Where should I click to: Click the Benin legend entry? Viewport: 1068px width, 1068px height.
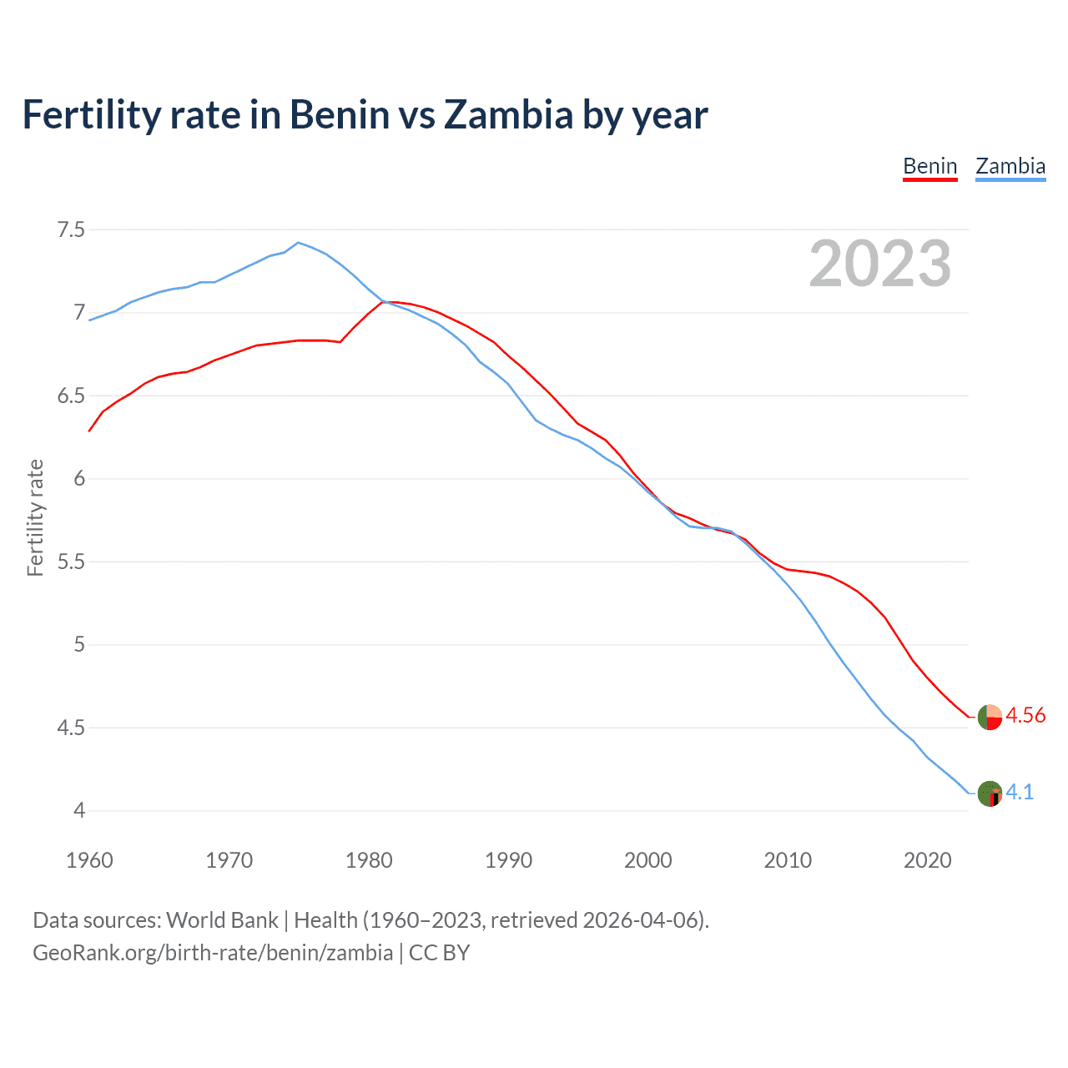pyautogui.click(x=929, y=166)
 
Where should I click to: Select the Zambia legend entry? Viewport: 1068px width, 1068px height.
pyautogui.click(x=1010, y=166)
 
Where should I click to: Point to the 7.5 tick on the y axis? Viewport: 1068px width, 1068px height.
pyautogui.click(x=71, y=229)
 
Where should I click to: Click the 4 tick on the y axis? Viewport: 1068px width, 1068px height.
pyautogui.click(x=79, y=810)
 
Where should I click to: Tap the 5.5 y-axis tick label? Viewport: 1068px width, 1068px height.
pyautogui.click(x=71, y=562)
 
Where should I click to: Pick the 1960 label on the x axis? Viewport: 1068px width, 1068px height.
pyautogui.click(x=89, y=860)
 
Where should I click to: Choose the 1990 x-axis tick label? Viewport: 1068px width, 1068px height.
pyautogui.click(x=508, y=860)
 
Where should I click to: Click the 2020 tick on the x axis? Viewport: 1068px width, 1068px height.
pyautogui.click(x=927, y=860)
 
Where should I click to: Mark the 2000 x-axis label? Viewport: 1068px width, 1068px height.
pyautogui.click(x=648, y=860)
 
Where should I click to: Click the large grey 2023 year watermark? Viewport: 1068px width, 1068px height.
pyautogui.click(x=879, y=264)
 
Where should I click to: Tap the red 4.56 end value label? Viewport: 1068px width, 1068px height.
pyautogui.click(x=1025, y=716)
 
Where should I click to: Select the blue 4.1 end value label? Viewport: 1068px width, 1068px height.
pyautogui.click(x=1020, y=793)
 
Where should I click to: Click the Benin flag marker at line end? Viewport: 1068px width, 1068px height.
pyautogui.click(x=990, y=717)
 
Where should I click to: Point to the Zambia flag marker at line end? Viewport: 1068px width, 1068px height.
pyautogui.click(x=990, y=793)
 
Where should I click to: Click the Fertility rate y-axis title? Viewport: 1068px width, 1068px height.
pyautogui.click(x=35, y=517)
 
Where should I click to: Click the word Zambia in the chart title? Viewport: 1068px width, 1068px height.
pyautogui.click(x=508, y=114)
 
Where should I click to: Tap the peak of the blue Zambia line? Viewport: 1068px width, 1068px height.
pyautogui.click(x=299, y=243)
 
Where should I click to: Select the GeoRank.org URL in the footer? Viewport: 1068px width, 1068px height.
pyautogui.click(x=213, y=953)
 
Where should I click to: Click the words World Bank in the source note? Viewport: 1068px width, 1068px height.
pyautogui.click(x=222, y=920)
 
